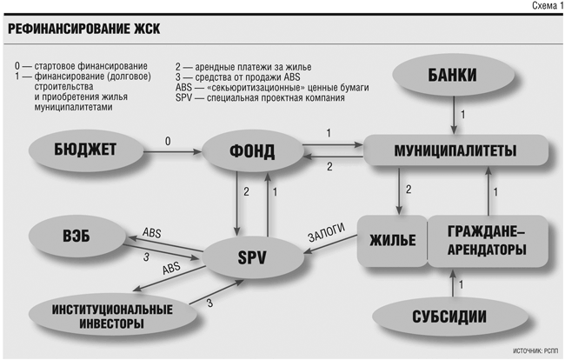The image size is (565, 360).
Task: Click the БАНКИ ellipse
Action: pyautogui.click(x=453, y=76)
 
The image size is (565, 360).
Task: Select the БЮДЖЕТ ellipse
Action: pyautogui.click(x=86, y=150)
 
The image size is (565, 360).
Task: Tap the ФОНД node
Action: pyautogui.click(x=252, y=151)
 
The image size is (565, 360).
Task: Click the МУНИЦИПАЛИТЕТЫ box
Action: pyautogui.click(x=455, y=150)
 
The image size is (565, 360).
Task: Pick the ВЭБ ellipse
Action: pyautogui.click(x=76, y=237)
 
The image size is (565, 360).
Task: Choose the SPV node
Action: pyautogui.click(x=252, y=257)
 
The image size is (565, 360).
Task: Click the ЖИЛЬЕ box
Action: pyautogui.click(x=392, y=241)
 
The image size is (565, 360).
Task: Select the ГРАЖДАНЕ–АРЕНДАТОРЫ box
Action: pyautogui.click(x=488, y=241)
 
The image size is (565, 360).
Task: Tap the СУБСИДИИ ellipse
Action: pyautogui.click(x=449, y=317)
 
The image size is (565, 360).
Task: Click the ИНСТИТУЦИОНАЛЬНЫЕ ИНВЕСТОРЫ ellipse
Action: pyautogui.click(x=112, y=316)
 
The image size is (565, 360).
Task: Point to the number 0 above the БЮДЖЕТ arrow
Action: pyautogui.click(x=168, y=141)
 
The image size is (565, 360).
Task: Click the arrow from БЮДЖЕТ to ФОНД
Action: pyautogui.click(x=173, y=152)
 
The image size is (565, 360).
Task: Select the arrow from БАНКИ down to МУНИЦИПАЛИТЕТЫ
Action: pyautogui.click(x=454, y=116)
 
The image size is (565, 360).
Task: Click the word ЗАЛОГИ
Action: pyautogui.click(x=327, y=232)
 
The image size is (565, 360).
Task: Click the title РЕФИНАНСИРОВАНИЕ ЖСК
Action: pyautogui.click(x=84, y=29)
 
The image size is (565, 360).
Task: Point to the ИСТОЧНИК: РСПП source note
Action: pyautogui.click(x=535, y=350)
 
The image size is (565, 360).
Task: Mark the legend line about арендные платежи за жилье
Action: pyautogui.click(x=243, y=67)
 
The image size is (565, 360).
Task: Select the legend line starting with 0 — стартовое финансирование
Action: pyautogui.click(x=81, y=66)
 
